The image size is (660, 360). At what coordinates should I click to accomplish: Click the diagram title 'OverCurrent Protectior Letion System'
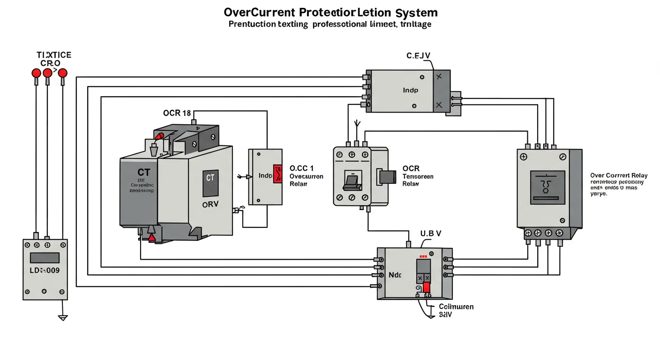point(331,12)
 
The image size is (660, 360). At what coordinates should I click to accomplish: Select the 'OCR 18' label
point(177,113)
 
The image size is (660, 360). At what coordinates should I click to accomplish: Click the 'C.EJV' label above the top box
point(418,56)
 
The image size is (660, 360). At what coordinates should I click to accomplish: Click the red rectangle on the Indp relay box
point(277,174)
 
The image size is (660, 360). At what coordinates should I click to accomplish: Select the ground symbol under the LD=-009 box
point(63,318)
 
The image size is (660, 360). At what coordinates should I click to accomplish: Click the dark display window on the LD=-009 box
point(45,257)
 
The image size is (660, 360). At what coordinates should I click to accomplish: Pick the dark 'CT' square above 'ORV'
point(210,183)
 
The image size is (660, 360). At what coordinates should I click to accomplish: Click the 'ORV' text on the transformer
point(210,204)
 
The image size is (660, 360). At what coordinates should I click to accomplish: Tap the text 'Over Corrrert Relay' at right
point(619,175)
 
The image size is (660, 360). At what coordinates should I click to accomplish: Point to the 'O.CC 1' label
point(301,168)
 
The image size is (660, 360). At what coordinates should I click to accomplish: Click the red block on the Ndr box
point(427,287)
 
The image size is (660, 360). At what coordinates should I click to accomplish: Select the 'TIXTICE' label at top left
point(54,55)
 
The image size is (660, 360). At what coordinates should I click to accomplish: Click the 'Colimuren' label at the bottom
point(456,307)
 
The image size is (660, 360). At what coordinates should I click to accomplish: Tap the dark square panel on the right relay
point(547,187)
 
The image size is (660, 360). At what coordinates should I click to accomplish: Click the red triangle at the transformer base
point(152,238)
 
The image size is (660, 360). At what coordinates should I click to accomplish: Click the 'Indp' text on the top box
point(410,90)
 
